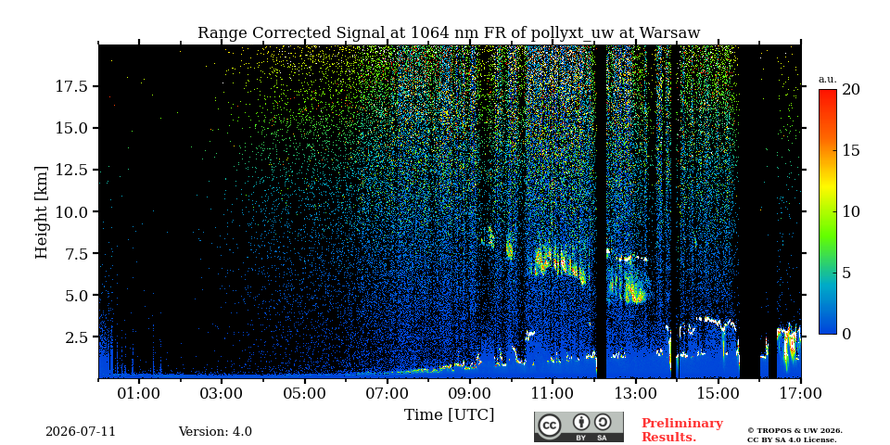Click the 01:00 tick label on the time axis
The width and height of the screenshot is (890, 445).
(139, 393)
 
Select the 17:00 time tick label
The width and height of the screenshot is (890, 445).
(800, 393)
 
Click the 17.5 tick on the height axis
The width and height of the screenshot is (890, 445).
(72, 86)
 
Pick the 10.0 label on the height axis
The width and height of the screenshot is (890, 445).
(72, 211)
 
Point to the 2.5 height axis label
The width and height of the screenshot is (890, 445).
(77, 337)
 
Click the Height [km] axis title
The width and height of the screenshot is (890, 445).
(42, 212)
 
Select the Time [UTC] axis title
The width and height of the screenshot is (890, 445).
(449, 415)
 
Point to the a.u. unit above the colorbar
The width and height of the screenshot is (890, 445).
(828, 80)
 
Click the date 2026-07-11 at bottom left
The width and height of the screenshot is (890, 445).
(81, 432)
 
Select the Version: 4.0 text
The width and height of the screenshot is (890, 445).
(215, 432)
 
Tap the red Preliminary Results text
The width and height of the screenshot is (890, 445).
(682, 430)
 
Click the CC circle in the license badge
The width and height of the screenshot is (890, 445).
(550, 426)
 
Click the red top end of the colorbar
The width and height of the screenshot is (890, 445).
(828, 92)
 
